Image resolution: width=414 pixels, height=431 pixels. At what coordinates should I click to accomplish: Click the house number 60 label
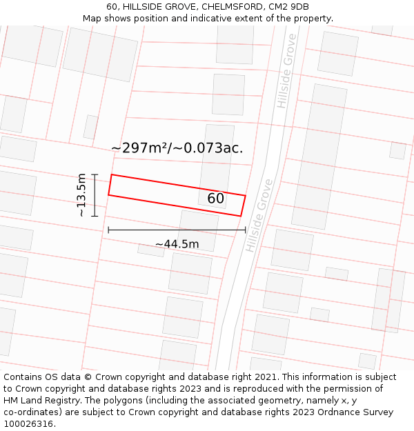pyautogui.click(x=215, y=199)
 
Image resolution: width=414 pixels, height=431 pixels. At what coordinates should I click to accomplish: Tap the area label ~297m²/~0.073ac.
pyautogui.click(x=177, y=148)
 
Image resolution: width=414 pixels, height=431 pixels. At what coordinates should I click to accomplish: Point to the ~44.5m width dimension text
pyautogui.click(x=177, y=244)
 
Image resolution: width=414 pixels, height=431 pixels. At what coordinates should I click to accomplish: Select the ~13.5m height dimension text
pyautogui.click(x=82, y=195)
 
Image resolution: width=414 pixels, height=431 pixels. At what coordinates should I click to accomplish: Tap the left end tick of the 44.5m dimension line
pyautogui.click(x=108, y=230)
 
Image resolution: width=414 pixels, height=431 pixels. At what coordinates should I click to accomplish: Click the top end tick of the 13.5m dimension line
pyautogui.click(x=95, y=174)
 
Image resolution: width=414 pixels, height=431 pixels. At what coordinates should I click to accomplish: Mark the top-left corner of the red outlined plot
pyautogui.click(x=112, y=174)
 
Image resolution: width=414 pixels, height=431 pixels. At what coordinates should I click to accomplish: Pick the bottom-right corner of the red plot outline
pyautogui.click(x=241, y=216)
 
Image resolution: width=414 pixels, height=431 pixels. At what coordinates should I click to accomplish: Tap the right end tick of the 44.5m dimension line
pyautogui.click(x=245, y=230)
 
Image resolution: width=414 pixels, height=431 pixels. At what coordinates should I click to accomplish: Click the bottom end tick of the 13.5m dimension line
pyautogui.click(x=95, y=216)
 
